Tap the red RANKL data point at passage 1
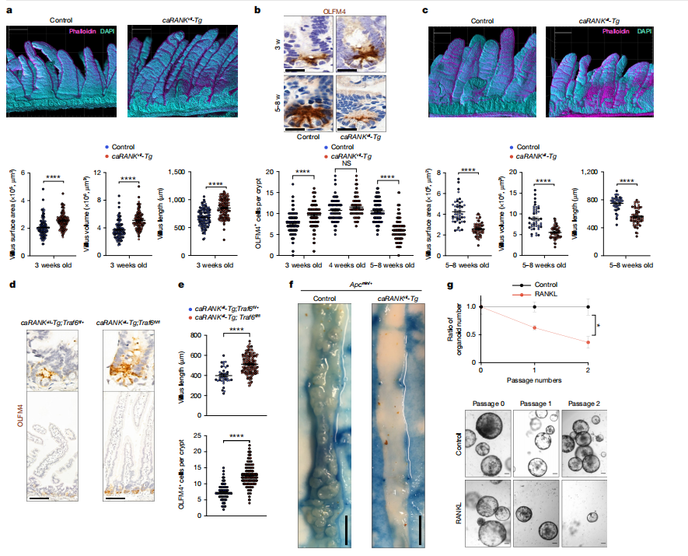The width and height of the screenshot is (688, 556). pyautogui.click(x=535, y=327)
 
